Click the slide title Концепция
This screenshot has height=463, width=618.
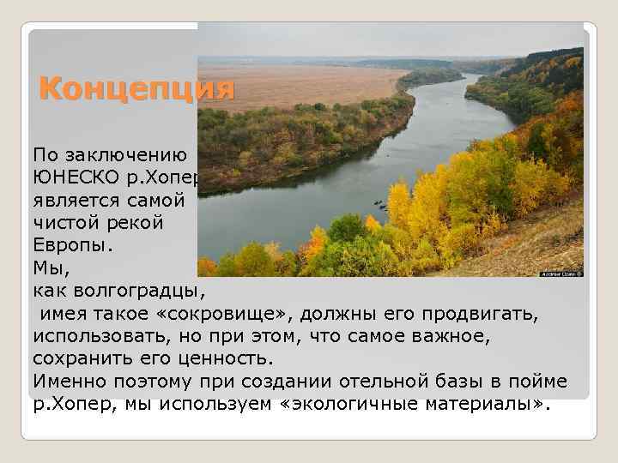[x=136, y=89]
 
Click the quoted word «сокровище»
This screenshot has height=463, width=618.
[x=211, y=314]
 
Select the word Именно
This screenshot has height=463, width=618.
[x=66, y=381]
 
